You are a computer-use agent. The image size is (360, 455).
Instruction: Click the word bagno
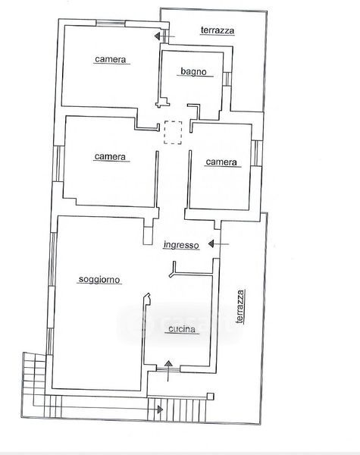pyautogui.click(x=193, y=71)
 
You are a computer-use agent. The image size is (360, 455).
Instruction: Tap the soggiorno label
pyautogui.click(x=99, y=279)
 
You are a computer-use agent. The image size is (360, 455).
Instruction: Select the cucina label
pyautogui.click(x=182, y=329)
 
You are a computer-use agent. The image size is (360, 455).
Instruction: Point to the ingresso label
pyautogui.click(x=181, y=245)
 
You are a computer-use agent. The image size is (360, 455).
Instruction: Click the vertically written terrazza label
pyautogui.click(x=240, y=306)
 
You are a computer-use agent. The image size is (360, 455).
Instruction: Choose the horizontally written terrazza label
pyautogui.click(x=218, y=30)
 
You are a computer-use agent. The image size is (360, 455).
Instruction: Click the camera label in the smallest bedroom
pyautogui.click(x=221, y=162)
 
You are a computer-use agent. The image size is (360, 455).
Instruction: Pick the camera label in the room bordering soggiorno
pyautogui.click(x=110, y=157)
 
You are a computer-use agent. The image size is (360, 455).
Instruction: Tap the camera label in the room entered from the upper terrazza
pyautogui.click(x=111, y=59)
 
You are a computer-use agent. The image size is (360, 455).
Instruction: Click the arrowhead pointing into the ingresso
pyautogui.click(x=211, y=243)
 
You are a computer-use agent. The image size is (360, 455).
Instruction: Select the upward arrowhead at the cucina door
pyautogui.click(x=168, y=363)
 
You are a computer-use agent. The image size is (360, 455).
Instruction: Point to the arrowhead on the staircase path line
pyautogui.click(x=160, y=409)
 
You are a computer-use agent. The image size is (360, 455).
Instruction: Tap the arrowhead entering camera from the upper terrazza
pyautogui.click(x=157, y=36)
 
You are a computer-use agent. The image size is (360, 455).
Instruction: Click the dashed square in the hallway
pyautogui.click(x=173, y=132)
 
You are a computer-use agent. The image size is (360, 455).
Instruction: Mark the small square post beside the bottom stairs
pyautogui.click(x=210, y=397)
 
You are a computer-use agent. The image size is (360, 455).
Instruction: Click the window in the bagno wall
pyautogui.click(x=227, y=79)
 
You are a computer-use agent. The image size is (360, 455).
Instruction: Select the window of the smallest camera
pyautogui.click(x=256, y=153)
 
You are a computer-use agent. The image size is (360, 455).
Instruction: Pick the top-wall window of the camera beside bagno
pyautogui.click(x=111, y=23)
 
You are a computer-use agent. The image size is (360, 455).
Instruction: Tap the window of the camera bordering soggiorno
pyautogui.click(x=58, y=164)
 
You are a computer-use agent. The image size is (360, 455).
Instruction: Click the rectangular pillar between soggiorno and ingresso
pyautogui.click(x=148, y=235)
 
